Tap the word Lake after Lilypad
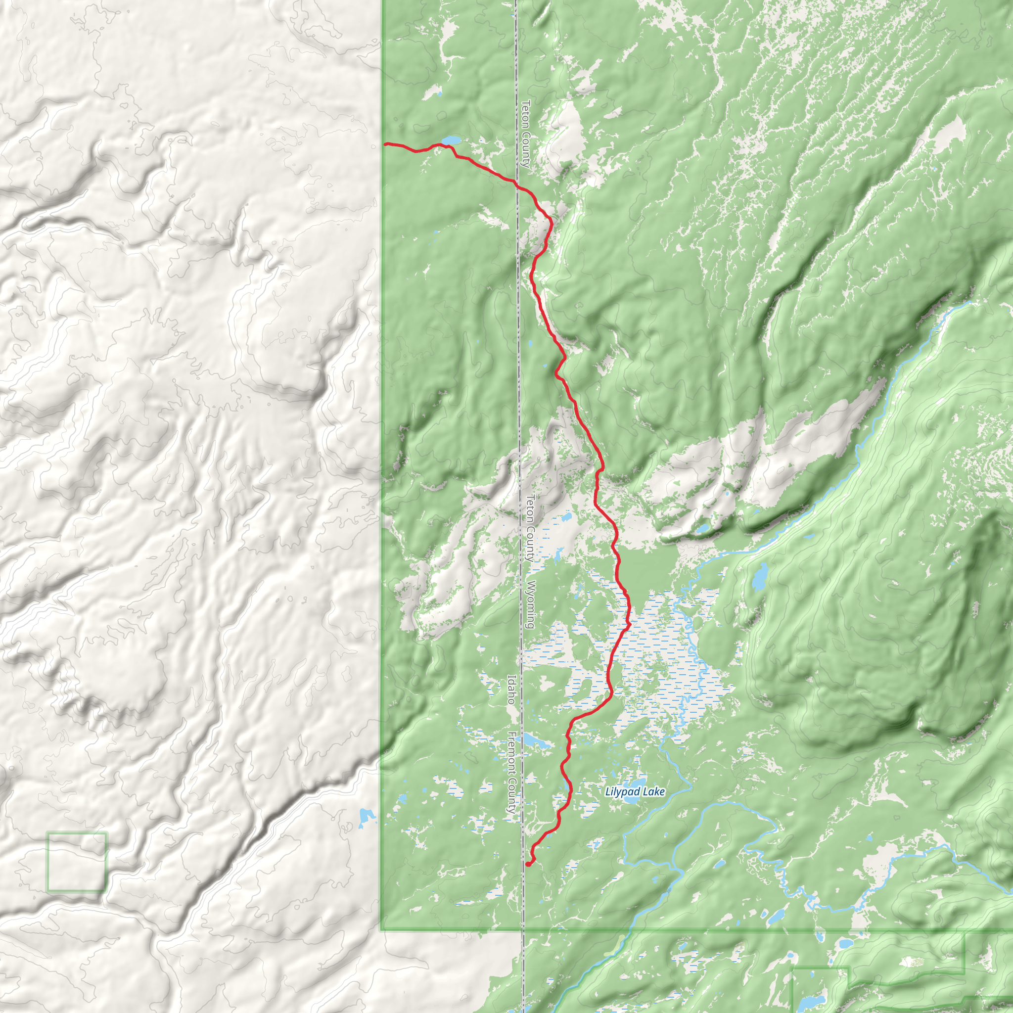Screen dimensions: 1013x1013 click(653, 791)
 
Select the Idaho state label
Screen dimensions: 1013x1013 click(510, 690)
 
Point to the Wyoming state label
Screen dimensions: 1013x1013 click(530, 604)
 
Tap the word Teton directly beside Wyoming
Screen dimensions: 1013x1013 click(530, 508)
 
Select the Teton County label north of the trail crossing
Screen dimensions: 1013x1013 click(525, 133)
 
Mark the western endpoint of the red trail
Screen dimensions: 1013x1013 click(385, 143)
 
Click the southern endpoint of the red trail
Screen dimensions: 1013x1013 click(527, 865)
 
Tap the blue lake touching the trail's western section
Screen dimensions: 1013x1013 click(451, 140)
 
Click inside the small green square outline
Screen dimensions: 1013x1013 click(77, 862)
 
